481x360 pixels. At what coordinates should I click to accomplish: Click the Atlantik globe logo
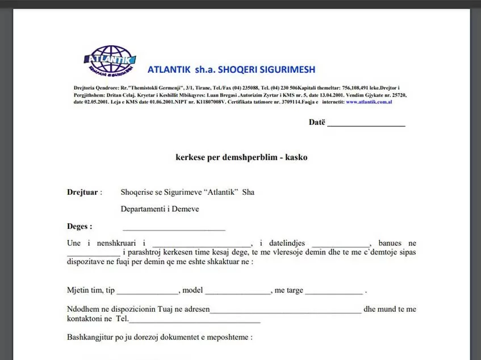coord(110,60)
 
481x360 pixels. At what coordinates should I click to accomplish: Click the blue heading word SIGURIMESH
coord(286,70)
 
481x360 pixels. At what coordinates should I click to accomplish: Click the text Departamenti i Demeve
coord(160,209)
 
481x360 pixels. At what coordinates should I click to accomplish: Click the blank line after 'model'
coord(238,291)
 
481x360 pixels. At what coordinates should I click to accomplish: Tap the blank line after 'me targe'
coord(333,291)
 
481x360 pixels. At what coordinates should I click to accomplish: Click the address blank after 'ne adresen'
coord(286,310)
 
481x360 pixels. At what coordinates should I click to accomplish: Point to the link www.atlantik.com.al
coord(369,102)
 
